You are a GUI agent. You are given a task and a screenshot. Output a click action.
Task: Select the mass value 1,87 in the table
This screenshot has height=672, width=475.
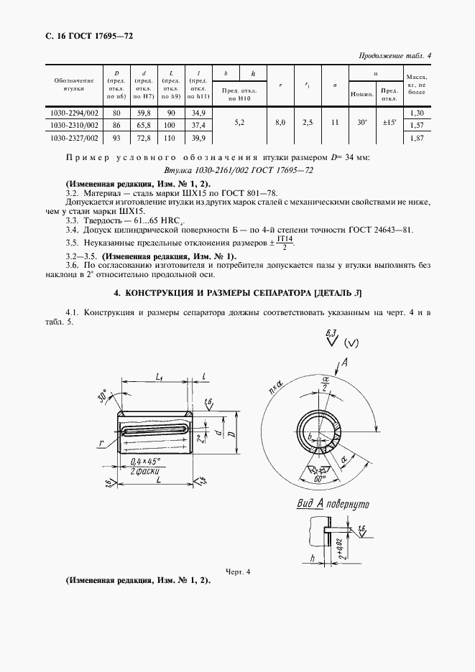pyautogui.click(x=415, y=138)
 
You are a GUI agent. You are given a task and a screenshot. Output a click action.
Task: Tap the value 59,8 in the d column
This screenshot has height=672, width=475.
pyautogui.click(x=144, y=113)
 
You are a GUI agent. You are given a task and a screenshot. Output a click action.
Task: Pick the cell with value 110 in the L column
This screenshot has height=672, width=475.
pyautogui.click(x=171, y=138)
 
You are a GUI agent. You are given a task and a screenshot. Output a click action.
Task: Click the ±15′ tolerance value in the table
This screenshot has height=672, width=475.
pyautogui.click(x=389, y=123)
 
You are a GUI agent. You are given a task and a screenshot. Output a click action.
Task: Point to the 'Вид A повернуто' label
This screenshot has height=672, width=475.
pyautogui.click(x=332, y=504)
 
